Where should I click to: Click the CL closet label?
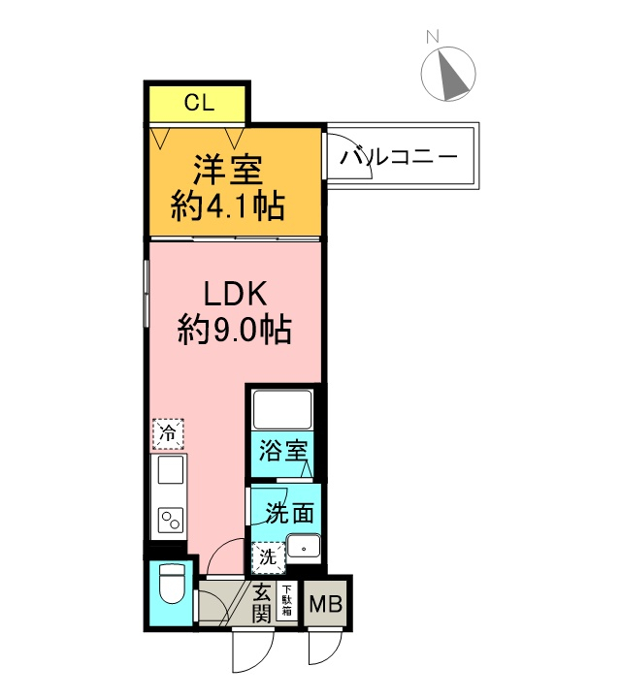pos(199,102)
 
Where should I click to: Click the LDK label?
pos(234,292)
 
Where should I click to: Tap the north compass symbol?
pos(448,74)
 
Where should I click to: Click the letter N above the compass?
pos(433,38)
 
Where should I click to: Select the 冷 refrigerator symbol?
pos(167,433)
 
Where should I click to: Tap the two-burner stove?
pos(169,519)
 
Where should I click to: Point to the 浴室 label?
pos(282,452)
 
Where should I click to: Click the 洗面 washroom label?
pos(290,511)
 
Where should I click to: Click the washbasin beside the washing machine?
pos(305,549)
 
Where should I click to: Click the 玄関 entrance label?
pos(261,602)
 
